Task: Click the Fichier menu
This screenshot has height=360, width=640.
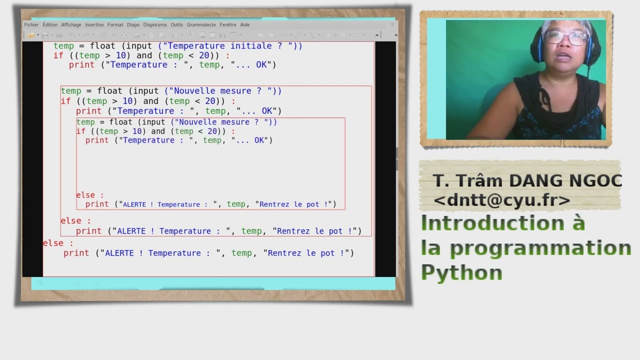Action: (x=31, y=24)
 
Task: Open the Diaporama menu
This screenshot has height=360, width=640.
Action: (x=155, y=24)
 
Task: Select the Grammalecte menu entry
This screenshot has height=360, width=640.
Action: (x=201, y=24)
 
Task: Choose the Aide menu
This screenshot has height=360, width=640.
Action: (x=245, y=24)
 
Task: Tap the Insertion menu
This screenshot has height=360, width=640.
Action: (x=94, y=24)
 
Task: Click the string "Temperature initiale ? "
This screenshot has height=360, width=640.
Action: (x=229, y=45)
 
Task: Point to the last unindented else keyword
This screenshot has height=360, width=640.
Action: (x=53, y=243)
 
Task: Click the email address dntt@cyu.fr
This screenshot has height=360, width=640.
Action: (x=502, y=200)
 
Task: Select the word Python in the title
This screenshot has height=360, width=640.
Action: (x=461, y=272)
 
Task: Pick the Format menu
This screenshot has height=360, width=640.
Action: (x=115, y=24)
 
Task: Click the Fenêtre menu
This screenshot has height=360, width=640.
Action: (x=228, y=24)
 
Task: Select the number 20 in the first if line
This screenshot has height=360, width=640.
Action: (x=210, y=55)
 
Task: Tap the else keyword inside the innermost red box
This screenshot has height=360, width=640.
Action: (x=85, y=195)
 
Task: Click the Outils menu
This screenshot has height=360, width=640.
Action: (x=177, y=24)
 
